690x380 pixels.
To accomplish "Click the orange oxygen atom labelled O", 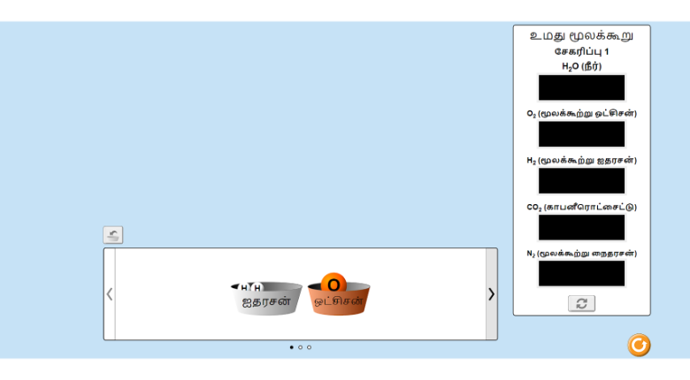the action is (333, 285).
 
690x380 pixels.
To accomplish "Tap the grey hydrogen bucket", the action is (266, 299).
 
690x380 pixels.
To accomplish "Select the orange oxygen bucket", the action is (339, 300).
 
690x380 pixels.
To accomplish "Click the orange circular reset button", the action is (639, 345).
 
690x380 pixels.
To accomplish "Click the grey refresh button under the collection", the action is (581, 303).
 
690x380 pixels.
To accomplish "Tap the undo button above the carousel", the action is (113, 235).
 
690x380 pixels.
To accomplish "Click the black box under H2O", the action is (581, 87).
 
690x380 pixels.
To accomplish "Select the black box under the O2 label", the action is (581, 134).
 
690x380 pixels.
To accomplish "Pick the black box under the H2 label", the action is (581, 181).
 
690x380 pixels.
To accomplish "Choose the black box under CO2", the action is (581, 227).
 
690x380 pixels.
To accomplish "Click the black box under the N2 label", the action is (581, 274).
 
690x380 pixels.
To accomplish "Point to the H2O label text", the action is (581, 66).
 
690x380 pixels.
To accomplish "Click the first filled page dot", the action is (291, 347).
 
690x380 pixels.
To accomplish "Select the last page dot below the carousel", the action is (309, 347).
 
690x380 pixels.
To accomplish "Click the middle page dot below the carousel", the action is (300, 347).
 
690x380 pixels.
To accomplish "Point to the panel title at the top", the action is (581, 35).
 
